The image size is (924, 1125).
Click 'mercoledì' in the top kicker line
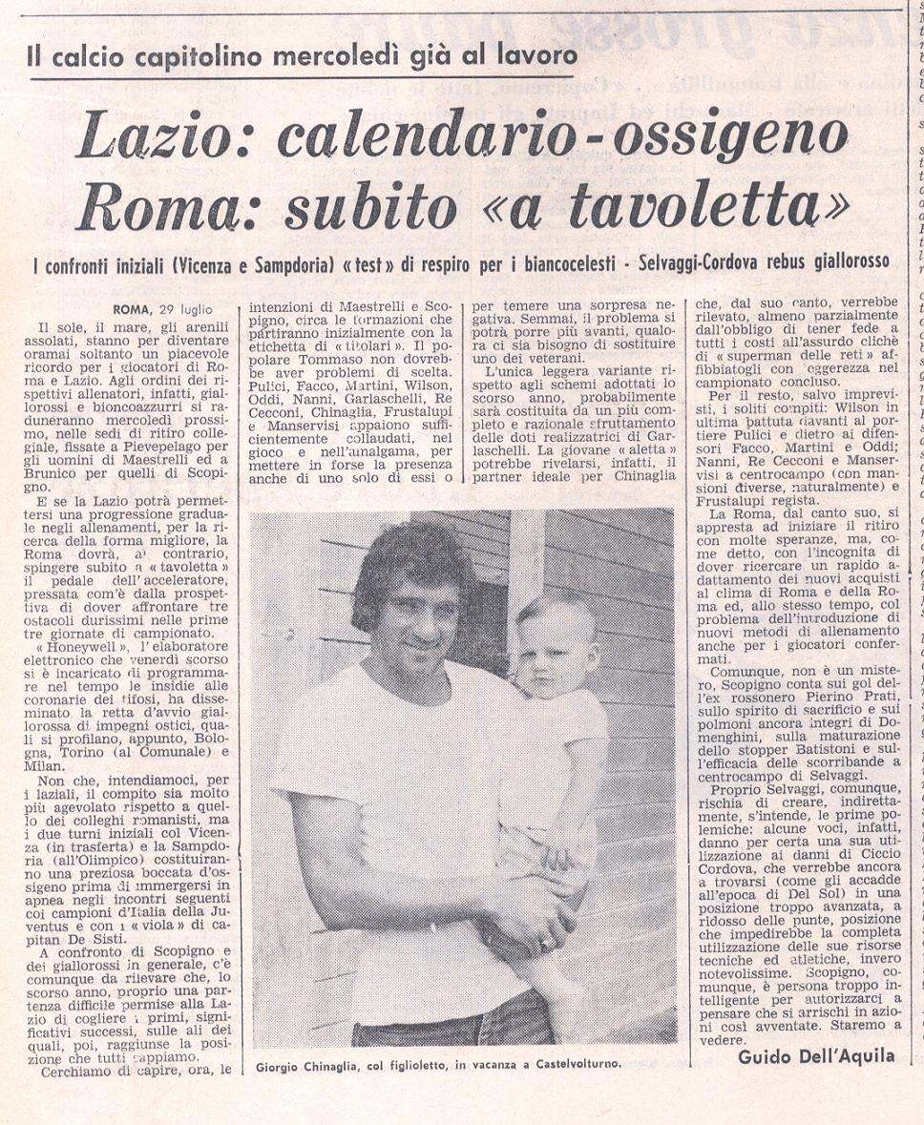point(332,54)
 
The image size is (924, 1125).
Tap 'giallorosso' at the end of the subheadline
point(840,260)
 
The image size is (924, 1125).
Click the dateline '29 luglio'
point(184,309)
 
